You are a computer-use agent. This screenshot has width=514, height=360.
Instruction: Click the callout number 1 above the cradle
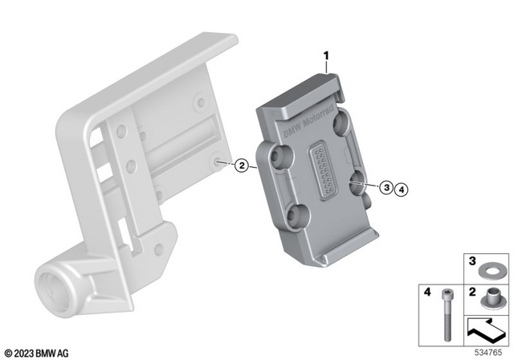[327, 55]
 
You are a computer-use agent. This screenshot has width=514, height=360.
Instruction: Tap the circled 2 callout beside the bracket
[239, 167]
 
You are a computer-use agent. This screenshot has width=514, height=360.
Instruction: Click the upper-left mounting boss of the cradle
[279, 156]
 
